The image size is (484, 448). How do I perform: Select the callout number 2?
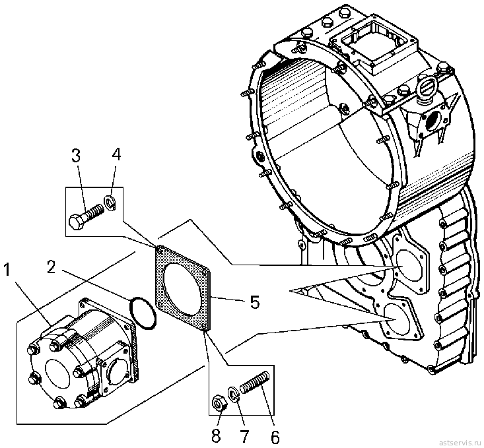pyautogui.click(x=52, y=267)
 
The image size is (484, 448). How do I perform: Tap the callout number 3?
pyautogui.click(x=76, y=156)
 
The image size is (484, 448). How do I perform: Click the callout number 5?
pyautogui.click(x=255, y=302)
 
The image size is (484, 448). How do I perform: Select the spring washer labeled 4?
pyautogui.click(x=110, y=203)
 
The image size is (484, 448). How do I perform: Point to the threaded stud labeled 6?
pyautogui.click(x=256, y=382)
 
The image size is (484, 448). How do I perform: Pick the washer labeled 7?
pyautogui.click(x=233, y=394)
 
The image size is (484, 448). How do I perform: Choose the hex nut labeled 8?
pyautogui.click(x=219, y=402)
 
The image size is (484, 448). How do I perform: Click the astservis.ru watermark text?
pyautogui.click(x=460, y=441)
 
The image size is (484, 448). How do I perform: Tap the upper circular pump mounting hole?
pyautogui.click(x=409, y=266)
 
